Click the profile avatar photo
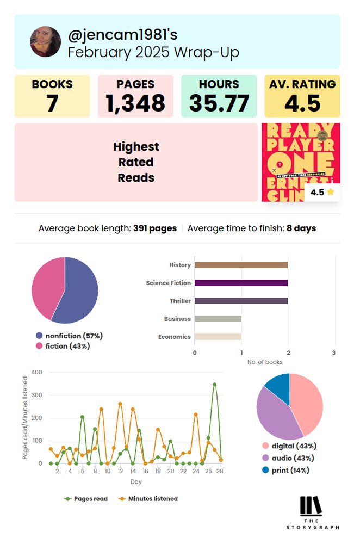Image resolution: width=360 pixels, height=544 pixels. click(x=46, y=42)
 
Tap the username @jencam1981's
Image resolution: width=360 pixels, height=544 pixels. click(x=123, y=35)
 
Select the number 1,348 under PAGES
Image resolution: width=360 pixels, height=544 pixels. click(x=135, y=103)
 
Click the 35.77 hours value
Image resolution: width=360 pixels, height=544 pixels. click(x=219, y=103)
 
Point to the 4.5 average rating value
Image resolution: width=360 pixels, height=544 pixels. click(x=302, y=103)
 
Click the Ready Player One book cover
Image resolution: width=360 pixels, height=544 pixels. click(x=301, y=162)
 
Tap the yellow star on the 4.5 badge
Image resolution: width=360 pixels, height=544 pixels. click(x=330, y=192)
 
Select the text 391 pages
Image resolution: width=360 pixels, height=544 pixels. click(x=155, y=228)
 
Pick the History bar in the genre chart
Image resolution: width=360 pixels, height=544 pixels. click(x=241, y=265)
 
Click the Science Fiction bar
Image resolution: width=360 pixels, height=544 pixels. click(x=241, y=283)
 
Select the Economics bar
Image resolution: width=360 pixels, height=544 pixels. click(x=218, y=337)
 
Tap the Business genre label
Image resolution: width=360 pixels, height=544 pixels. click(x=177, y=319)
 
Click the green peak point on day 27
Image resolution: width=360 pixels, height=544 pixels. click(x=215, y=385)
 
